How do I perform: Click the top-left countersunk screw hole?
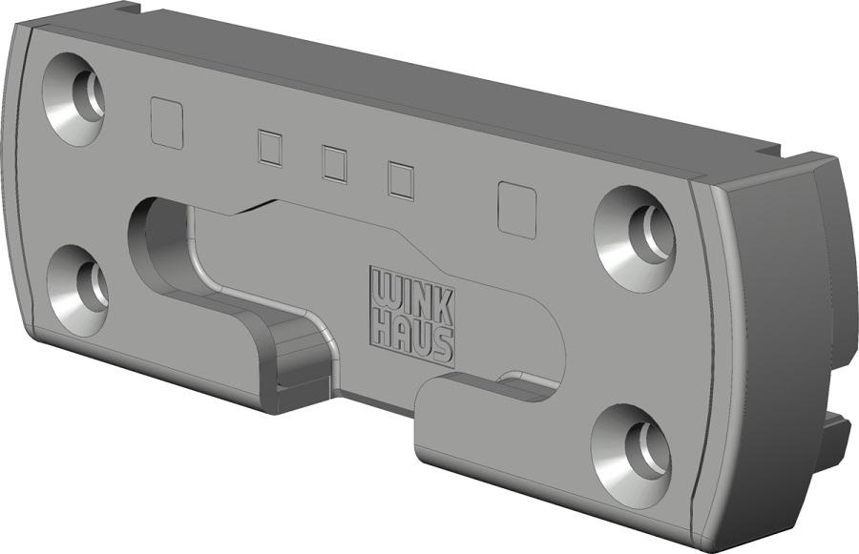tap(73, 98)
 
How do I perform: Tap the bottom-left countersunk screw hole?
tap(77, 290)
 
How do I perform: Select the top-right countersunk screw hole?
tap(635, 238)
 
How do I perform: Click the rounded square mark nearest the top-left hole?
tap(166, 123)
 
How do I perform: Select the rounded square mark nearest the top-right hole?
tap(516, 210)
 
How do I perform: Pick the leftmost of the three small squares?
tap(269, 149)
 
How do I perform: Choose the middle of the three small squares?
tap(334, 164)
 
